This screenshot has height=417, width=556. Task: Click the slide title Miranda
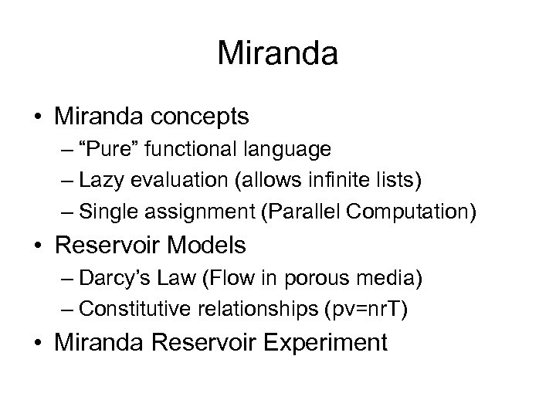coord(277,54)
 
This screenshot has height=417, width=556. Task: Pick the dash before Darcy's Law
coord(65,277)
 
